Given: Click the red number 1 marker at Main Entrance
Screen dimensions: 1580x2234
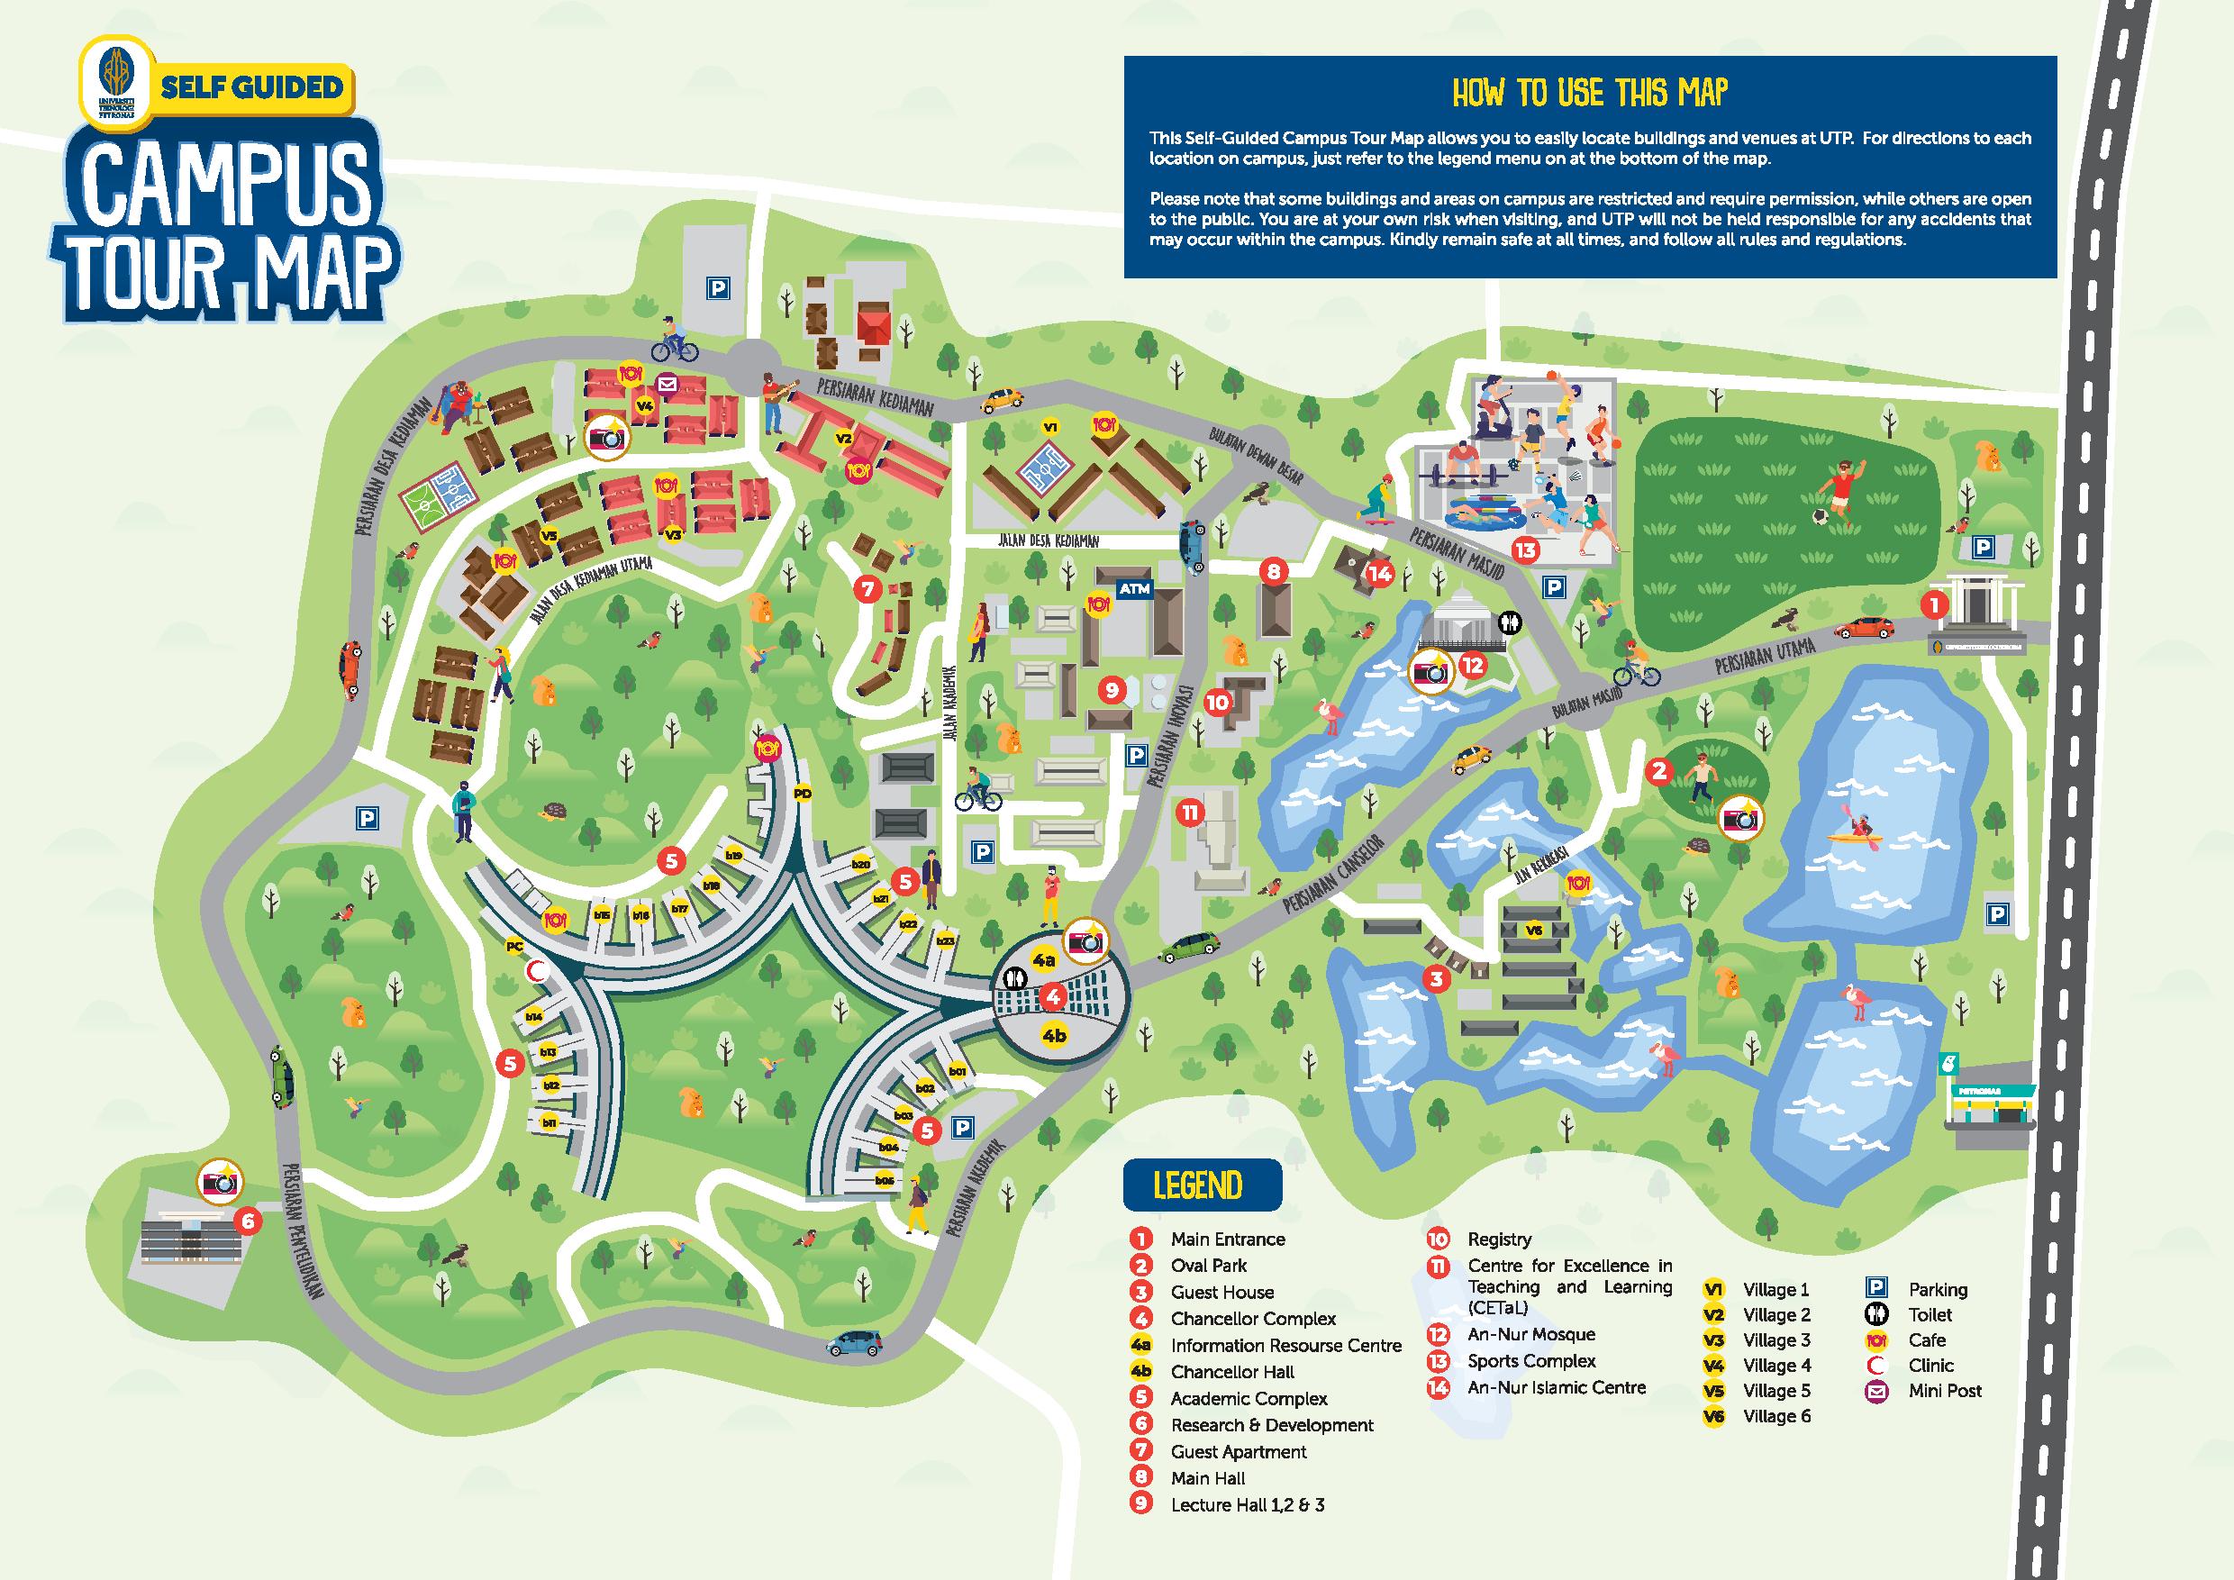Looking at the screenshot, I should (1934, 605).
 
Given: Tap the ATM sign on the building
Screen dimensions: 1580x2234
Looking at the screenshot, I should (1134, 588).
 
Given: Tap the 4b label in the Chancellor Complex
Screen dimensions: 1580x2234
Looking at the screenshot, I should (1054, 1035).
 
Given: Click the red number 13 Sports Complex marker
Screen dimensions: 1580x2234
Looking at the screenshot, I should (1525, 550).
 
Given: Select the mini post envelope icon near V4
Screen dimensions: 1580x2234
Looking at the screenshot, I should (667, 384).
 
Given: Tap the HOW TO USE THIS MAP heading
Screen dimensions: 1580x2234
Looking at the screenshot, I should (1590, 93).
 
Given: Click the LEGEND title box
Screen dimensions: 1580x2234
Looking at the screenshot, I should (1201, 1186).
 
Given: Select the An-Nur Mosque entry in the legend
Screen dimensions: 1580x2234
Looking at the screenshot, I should (1530, 1335).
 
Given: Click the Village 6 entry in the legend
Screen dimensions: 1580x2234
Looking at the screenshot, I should (1775, 1415).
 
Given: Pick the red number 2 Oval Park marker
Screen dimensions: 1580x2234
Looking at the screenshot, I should (1659, 771).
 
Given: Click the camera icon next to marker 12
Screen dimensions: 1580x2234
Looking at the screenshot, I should (1430, 671).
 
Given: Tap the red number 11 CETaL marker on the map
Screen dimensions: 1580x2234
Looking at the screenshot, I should (1190, 813).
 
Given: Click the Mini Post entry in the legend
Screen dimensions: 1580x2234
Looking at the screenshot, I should (1944, 1390).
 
